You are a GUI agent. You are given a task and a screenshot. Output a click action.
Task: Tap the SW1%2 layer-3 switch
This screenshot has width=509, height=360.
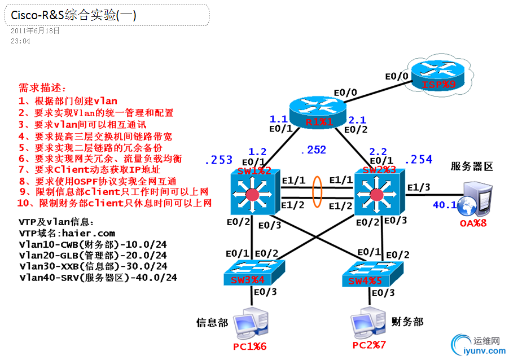pos(252,192)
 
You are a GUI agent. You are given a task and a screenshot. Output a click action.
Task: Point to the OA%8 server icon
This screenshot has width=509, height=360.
pos(473,199)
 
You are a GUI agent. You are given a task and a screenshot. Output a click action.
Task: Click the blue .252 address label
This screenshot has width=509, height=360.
pos(313,150)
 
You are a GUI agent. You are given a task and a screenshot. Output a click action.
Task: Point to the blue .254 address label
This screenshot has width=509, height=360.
pos(418,160)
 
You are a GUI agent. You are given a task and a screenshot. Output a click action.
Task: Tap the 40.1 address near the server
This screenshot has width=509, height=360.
pos(444,205)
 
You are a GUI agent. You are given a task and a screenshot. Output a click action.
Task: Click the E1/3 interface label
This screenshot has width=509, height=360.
pos(418,187)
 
